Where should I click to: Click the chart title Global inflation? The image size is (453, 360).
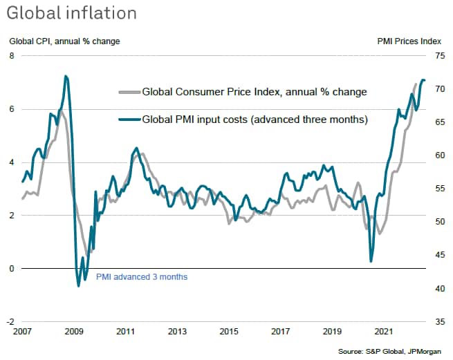tap(73, 14)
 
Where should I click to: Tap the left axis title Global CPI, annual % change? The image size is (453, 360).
tap(64, 41)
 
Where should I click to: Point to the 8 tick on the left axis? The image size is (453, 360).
tap(11, 56)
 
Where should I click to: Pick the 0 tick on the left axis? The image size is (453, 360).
tap(11, 269)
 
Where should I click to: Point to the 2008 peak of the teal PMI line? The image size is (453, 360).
tap(66, 76)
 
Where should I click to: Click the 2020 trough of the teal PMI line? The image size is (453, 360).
tap(371, 261)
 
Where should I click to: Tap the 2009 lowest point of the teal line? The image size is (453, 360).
tap(78, 285)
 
